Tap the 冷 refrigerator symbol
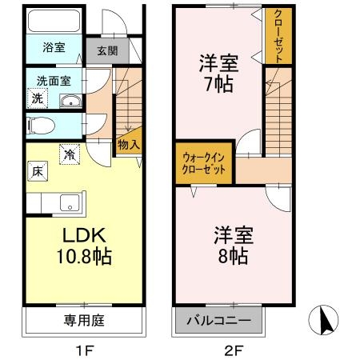[x=70, y=154]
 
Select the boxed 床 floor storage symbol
[x=37, y=170]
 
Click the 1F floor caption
[x=84, y=349]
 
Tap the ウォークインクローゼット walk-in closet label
[x=206, y=164]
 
